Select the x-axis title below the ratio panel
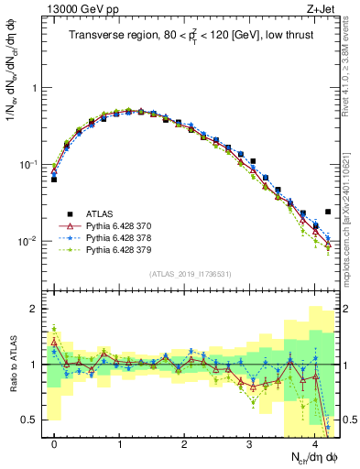(x=307, y=455)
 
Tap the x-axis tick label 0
(x=55, y=442)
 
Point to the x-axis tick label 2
(x=185, y=442)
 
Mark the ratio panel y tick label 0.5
(x=37, y=420)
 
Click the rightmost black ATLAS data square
(x=328, y=212)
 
